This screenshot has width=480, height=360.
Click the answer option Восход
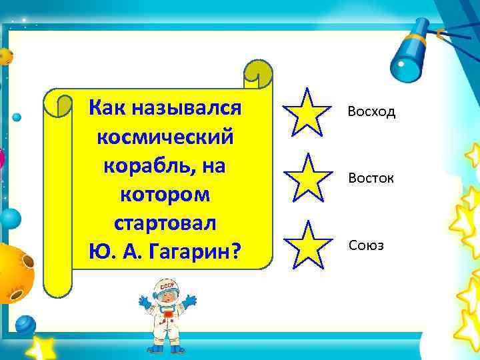[371, 112]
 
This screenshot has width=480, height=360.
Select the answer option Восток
[371, 179]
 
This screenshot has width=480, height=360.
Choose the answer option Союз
[366, 247]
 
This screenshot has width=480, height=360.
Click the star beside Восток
[307, 176]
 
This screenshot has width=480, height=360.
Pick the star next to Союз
[307, 244]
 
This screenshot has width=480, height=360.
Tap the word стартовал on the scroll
[165, 223]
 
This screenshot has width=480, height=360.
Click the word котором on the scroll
[165, 194]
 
